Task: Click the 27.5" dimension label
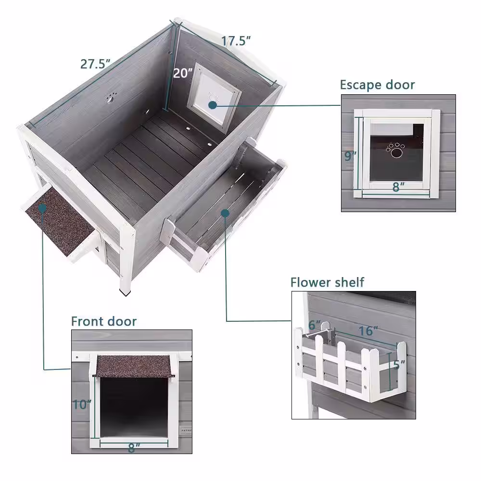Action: (x=95, y=64)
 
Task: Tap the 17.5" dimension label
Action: (x=236, y=41)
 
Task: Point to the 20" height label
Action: (x=182, y=73)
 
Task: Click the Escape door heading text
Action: (x=377, y=85)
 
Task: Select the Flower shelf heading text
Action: (x=327, y=282)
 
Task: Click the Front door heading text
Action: (x=104, y=321)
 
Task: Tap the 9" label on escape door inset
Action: (x=350, y=156)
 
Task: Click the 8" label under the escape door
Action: (x=398, y=187)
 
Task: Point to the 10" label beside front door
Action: (x=82, y=405)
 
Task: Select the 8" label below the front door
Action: (x=134, y=448)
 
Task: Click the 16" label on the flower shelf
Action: (x=368, y=331)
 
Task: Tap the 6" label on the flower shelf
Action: (x=315, y=325)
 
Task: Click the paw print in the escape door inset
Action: (x=395, y=150)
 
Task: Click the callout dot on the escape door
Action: (x=212, y=105)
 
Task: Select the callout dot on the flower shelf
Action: (x=225, y=213)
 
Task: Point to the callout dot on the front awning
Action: (x=43, y=208)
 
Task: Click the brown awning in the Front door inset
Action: (x=134, y=366)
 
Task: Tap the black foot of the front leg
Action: (x=125, y=293)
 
